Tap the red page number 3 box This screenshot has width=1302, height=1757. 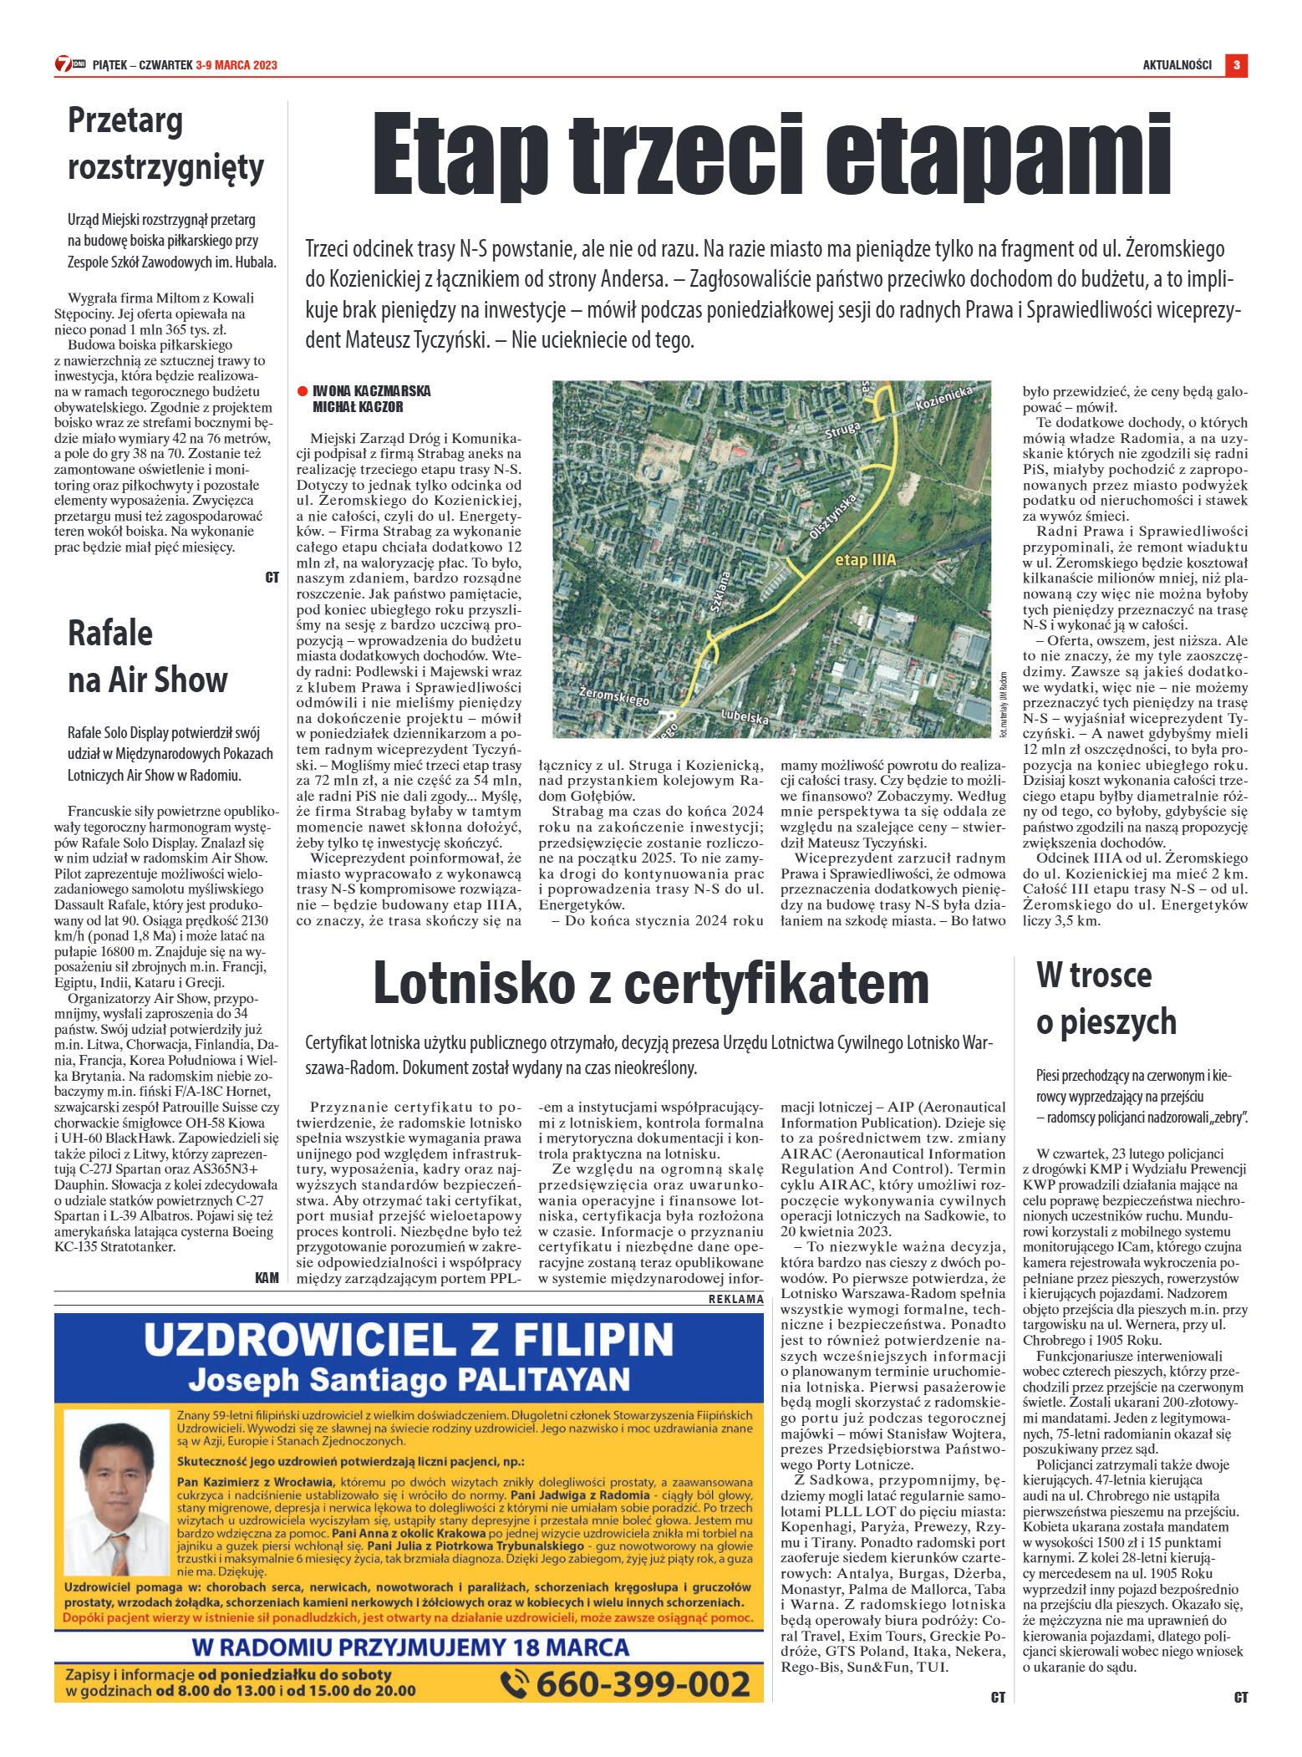(x=1236, y=65)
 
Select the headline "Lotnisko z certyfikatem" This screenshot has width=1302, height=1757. (x=650, y=983)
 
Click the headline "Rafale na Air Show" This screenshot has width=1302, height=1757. (x=147, y=656)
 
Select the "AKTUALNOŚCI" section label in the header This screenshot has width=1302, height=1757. (x=1177, y=65)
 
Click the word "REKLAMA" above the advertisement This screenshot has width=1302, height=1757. (x=735, y=1300)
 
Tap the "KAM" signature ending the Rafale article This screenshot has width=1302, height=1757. (x=267, y=1276)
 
